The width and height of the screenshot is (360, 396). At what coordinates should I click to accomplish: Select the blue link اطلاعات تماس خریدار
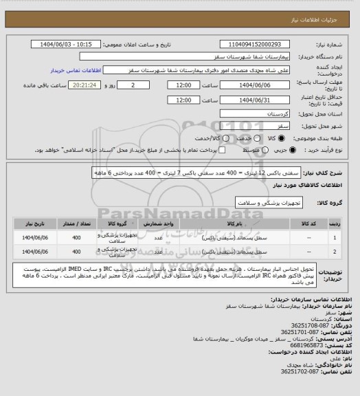click(76, 70)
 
